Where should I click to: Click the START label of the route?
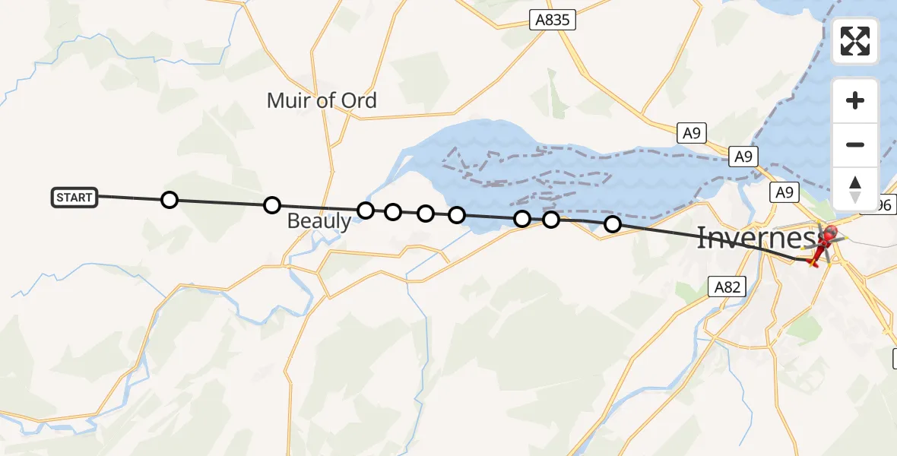click(x=74, y=198)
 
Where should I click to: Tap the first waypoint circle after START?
click(x=170, y=200)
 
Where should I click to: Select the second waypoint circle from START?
click(x=271, y=205)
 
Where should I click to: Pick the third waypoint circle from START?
click(x=366, y=211)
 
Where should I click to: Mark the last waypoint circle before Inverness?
click(x=612, y=224)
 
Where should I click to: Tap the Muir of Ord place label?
click(x=322, y=100)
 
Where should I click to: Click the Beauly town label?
click(x=319, y=222)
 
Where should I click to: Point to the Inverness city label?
click(x=753, y=239)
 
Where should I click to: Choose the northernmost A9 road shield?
click(x=691, y=134)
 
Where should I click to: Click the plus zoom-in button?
click(x=855, y=100)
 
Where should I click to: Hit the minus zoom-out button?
click(x=855, y=144)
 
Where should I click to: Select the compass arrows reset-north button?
click(x=855, y=189)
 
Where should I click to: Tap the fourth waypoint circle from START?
click(x=393, y=212)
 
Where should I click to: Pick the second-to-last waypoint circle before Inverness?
click(x=551, y=220)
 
